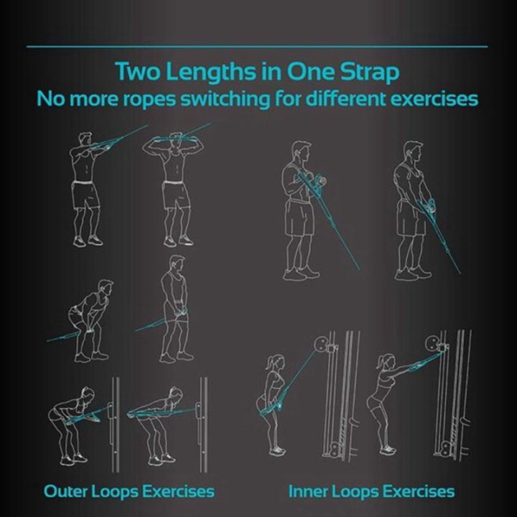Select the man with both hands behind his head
[174, 187]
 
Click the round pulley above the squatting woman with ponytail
[322, 344]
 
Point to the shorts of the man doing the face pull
[85, 195]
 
